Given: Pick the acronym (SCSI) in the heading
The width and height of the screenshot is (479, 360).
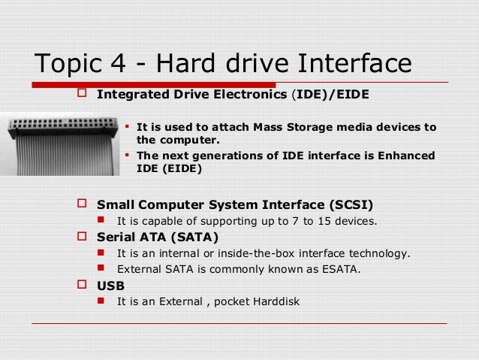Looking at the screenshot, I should [x=339, y=204].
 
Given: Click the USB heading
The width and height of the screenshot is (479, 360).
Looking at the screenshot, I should [x=111, y=286].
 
